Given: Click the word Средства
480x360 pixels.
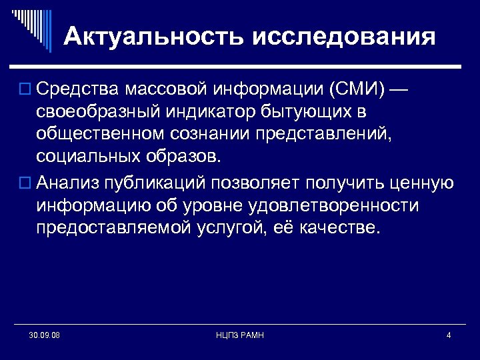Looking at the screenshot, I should tap(79, 89).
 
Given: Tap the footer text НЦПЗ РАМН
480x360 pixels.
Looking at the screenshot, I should tap(240, 335).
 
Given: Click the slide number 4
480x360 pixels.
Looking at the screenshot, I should tap(449, 335).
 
